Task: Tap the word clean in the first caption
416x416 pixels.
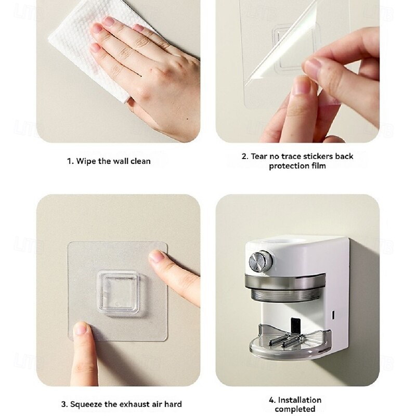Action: [x=140, y=161]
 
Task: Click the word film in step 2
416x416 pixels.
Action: [x=319, y=166]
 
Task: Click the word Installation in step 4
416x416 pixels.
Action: [x=300, y=400]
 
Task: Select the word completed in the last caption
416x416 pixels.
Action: [x=295, y=409]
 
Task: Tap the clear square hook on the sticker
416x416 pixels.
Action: [x=119, y=293]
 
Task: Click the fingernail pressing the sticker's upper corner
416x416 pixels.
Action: [x=156, y=257]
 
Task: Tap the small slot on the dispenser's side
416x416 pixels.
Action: [x=333, y=315]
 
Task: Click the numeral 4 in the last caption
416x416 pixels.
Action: [x=271, y=400]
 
